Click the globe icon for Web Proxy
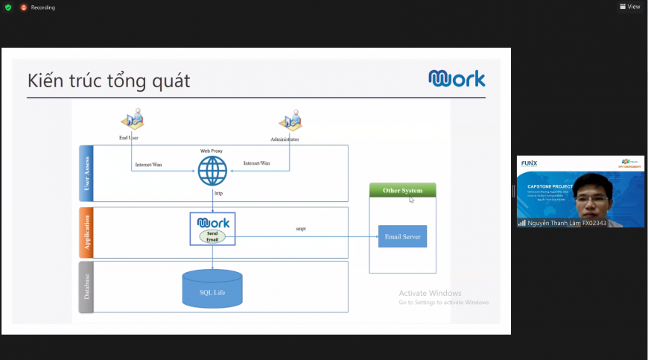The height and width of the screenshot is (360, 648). [x=212, y=171]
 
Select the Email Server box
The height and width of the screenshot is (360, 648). [x=402, y=236]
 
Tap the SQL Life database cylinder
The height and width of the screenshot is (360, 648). [x=212, y=288]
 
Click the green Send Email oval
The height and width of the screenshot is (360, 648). [x=212, y=236]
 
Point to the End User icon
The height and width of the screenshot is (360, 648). [x=132, y=119]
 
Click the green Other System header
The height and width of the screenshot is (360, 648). [x=402, y=190]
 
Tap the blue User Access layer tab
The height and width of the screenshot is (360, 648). [x=86, y=174]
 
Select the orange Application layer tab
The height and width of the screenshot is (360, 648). [x=86, y=233]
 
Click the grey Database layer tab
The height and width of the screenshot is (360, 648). [x=86, y=286]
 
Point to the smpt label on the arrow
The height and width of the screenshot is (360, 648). [x=301, y=229]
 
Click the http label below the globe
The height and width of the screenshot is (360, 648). [x=218, y=193]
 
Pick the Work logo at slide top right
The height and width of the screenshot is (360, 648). [x=457, y=78]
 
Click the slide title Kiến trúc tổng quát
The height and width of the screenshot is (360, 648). [x=109, y=80]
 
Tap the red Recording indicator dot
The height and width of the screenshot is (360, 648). [x=24, y=7]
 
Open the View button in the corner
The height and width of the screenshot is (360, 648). [x=629, y=7]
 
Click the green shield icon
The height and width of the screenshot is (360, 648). [x=8, y=7]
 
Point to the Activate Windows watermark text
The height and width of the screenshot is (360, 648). [x=430, y=293]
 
